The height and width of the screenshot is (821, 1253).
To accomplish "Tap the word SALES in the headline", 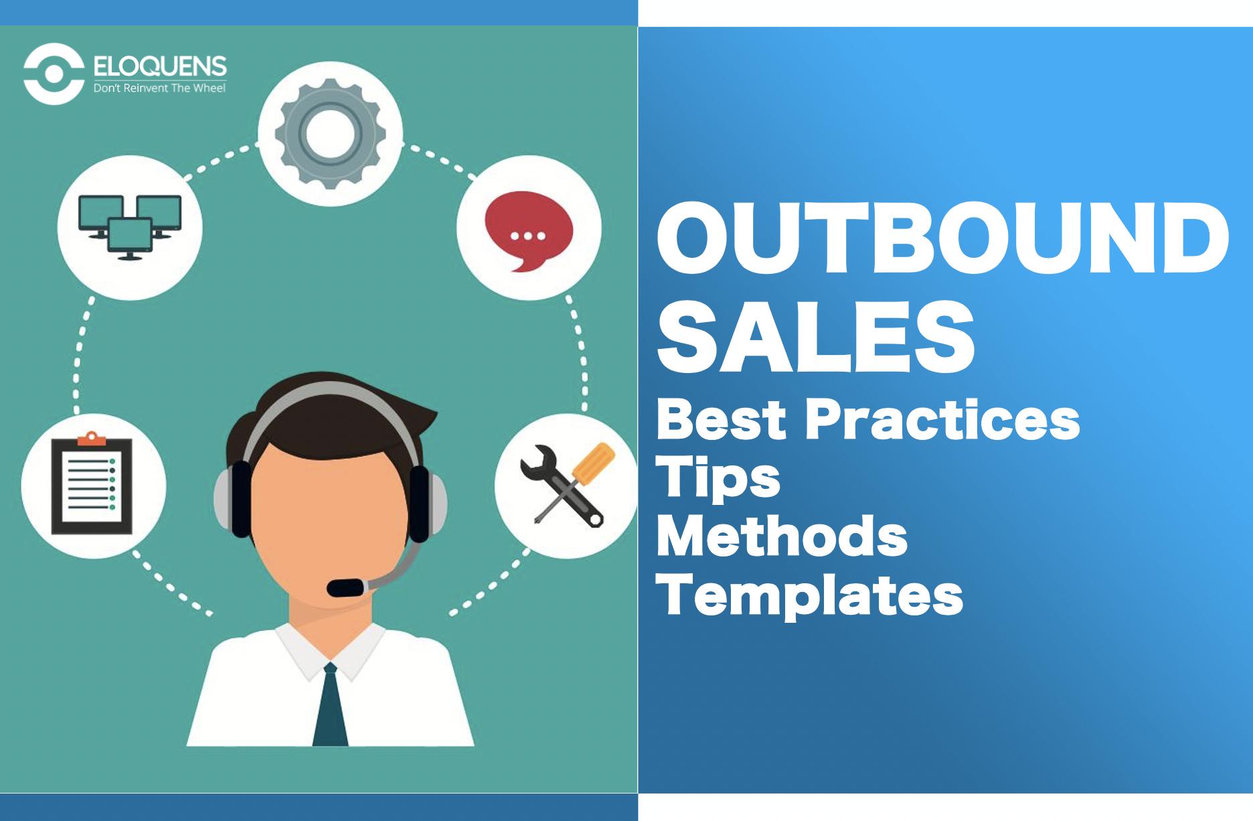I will [815, 338].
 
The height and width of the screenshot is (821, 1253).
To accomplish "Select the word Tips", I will [718, 477].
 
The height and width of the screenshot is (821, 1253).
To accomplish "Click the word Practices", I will [942, 420].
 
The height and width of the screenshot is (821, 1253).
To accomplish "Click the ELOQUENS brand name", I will [160, 66].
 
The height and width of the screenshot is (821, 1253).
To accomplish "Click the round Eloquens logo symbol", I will [54, 74].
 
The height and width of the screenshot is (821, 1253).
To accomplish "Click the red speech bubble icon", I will [529, 231].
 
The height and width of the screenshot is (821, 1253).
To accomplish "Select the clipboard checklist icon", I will [92, 484].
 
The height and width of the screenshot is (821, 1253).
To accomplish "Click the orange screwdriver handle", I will [595, 462].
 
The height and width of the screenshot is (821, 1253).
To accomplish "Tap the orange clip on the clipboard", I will [92, 439].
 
